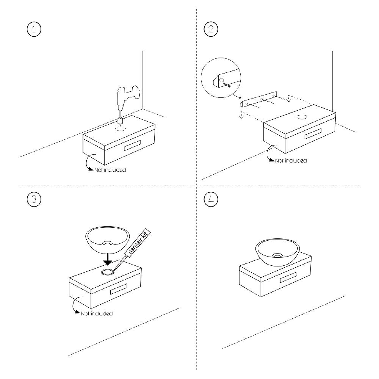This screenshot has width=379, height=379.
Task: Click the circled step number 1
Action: click(x=34, y=30)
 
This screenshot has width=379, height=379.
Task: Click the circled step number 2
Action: click(x=210, y=30)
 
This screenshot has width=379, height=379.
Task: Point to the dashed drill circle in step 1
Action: click(x=121, y=128)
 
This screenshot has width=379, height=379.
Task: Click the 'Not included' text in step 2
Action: click(x=291, y=161)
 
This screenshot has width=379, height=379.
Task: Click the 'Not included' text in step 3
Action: click(x=97, y=313)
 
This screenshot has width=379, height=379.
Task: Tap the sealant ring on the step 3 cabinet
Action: click(x=107, y=271)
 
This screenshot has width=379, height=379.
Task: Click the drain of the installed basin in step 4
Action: click(x=278, y=255)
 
